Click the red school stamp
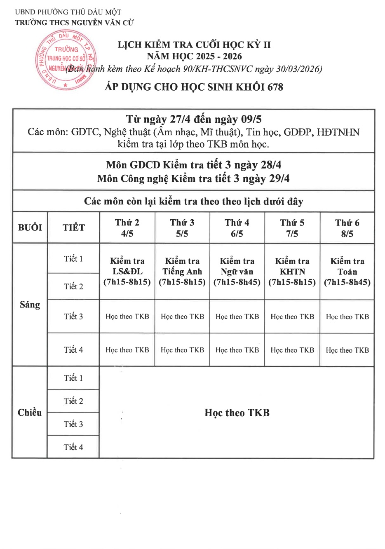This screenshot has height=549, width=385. tap(66, 60)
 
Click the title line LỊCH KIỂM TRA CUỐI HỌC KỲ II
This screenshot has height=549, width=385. tap(194, 45)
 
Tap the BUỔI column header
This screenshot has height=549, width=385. tap(30, 228)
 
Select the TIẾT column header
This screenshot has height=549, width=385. tap(74, 228)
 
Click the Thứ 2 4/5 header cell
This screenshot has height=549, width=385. tap(127, 228)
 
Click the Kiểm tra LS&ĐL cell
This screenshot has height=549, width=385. tap(127, 271)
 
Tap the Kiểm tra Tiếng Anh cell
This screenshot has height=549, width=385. tap(182, 271)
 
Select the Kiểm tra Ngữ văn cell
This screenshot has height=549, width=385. tap(237, 271)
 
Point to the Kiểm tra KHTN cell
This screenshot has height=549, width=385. tap(292, 271)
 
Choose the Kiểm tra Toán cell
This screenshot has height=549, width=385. tap(347, 272)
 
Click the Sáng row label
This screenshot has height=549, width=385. tap(30, 305)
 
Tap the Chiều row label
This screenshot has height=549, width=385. tap(30, 412)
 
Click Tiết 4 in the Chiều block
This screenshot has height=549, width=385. tap(73, 447)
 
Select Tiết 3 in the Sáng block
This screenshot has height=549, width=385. tap(73, 316)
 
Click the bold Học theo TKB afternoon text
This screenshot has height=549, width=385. tap(237, 413)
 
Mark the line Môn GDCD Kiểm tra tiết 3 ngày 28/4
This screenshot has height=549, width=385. tap(193, 165)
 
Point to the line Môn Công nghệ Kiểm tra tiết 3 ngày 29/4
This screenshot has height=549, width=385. tap(193, 178)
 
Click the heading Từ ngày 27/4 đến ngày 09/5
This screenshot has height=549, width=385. tap(193, 119)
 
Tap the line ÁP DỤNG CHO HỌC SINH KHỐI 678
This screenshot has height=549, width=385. tap(194, 87)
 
